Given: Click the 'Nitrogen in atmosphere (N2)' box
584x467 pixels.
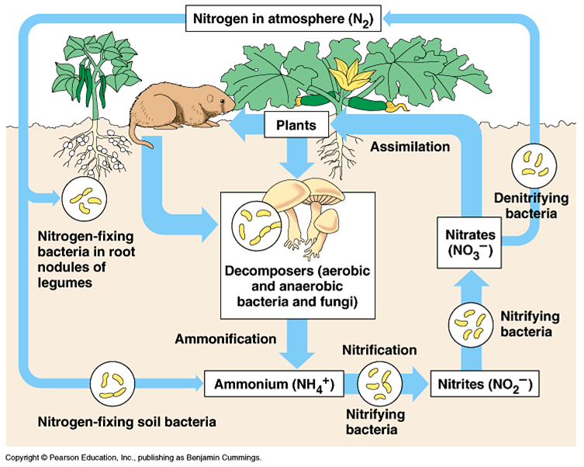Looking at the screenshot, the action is (283, 19).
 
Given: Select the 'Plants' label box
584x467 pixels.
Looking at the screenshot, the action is (296, 125).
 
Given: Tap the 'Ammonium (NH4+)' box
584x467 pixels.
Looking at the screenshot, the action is (274, 383).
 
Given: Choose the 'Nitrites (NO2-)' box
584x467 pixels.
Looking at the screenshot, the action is (485, 383).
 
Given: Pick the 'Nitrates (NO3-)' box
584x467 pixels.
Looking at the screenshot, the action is (469, 243).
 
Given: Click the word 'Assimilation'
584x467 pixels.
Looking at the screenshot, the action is (410, 147).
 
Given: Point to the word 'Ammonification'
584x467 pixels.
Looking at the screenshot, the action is (226, 339).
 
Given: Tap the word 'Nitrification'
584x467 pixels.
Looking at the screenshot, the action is (379, 350).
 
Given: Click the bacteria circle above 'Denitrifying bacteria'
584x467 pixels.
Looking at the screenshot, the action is (534, 166).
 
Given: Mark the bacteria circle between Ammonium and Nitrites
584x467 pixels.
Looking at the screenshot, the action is (380, 383).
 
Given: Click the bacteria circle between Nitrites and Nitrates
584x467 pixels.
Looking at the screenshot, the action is (471, 325).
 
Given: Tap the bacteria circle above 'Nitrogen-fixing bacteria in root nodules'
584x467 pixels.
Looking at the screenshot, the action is (85, 199).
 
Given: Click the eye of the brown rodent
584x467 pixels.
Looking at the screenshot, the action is (222, 101).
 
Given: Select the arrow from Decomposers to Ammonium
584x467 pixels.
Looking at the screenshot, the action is (297, 344).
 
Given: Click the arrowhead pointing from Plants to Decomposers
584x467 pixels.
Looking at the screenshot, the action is (297, 170).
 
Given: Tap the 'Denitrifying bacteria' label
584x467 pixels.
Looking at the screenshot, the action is (531, 206).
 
